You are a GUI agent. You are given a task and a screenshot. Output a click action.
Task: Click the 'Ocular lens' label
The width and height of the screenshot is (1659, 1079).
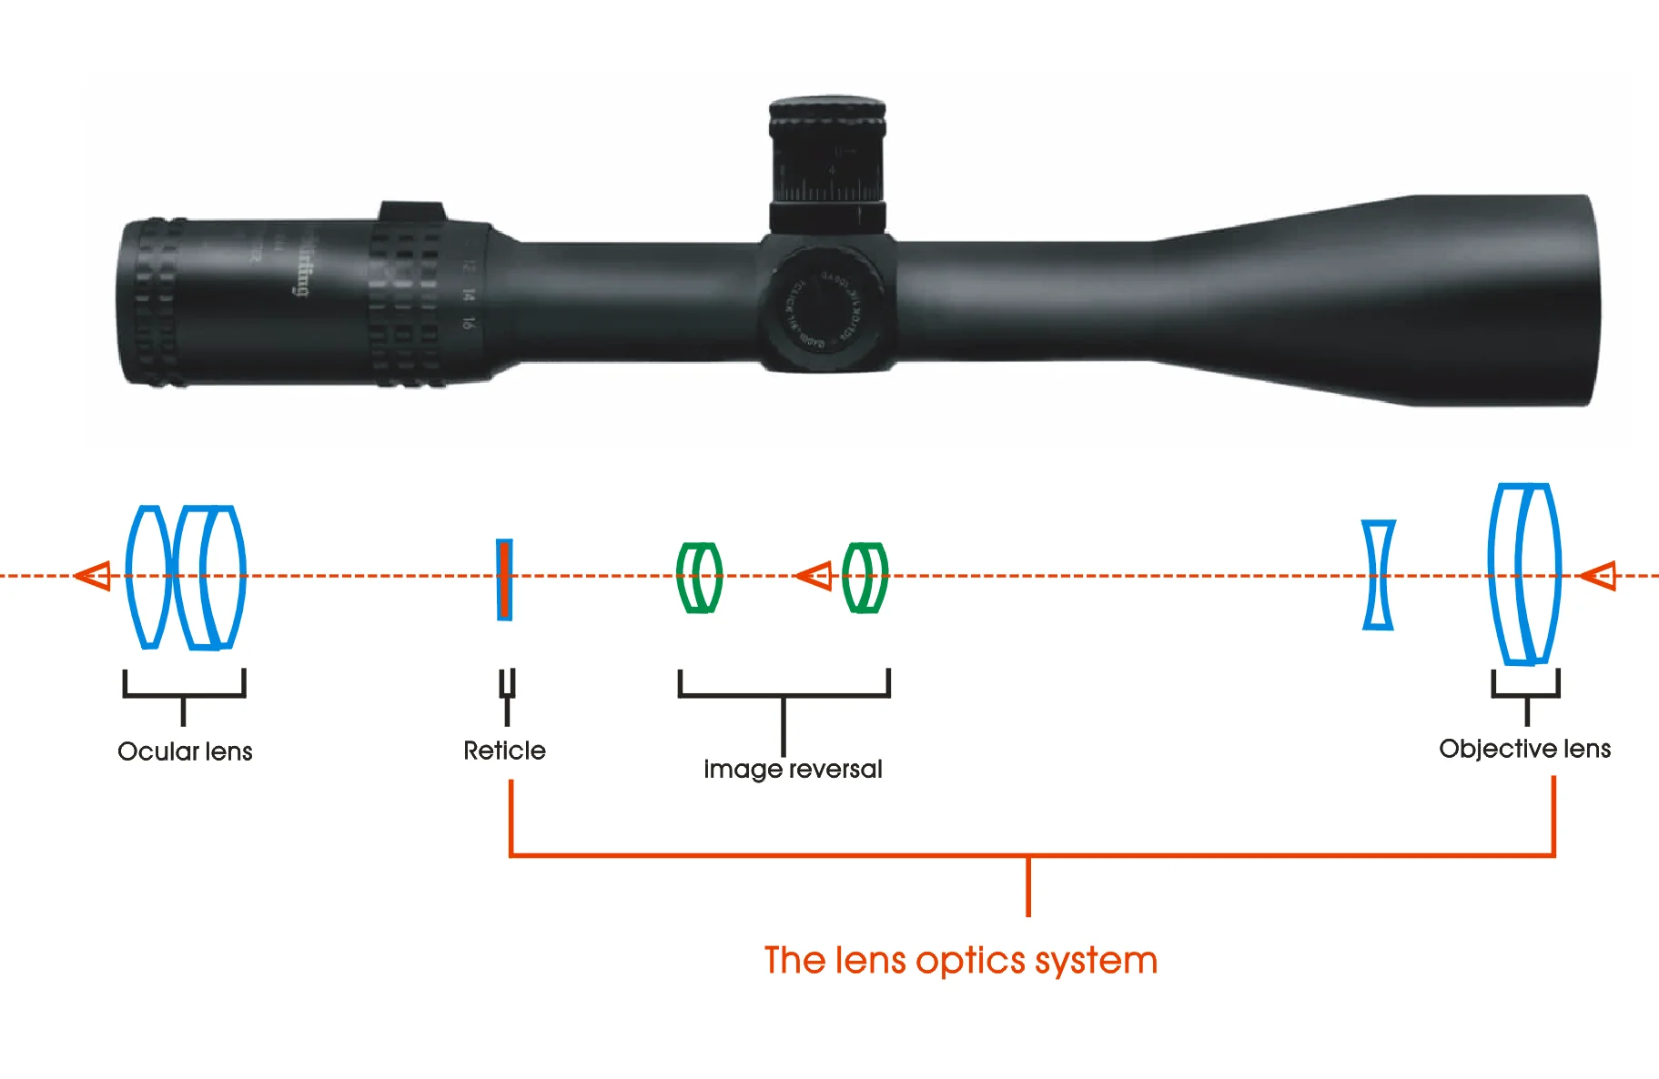click(x=185, y=751)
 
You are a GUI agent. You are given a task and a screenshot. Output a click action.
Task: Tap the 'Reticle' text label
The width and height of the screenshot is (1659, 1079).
click(x=504, y=751)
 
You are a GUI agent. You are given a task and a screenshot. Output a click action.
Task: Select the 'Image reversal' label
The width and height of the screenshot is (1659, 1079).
click(x=792, y=770)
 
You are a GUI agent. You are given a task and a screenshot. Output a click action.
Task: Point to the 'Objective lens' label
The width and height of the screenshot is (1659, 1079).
click(x=1524, y=749)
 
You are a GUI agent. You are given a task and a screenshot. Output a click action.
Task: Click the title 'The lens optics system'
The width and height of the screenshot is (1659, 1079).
click(x=960, y=961)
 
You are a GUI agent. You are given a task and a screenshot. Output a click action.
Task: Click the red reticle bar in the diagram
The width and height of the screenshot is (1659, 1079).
click(x=504, y=580)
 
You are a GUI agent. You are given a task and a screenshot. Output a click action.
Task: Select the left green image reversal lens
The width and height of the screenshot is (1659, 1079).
click(x=699, y=577)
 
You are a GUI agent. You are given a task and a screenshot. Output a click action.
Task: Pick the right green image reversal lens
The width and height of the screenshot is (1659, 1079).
click(x=865, y=577)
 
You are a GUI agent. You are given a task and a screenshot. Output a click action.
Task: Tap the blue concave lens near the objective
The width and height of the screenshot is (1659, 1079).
click(x=1379, y=575)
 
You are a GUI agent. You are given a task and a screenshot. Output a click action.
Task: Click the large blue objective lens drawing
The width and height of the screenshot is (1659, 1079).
click(x=1524, y=574)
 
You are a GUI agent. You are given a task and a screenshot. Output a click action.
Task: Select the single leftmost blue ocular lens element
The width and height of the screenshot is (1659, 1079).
click(x=147, y=577)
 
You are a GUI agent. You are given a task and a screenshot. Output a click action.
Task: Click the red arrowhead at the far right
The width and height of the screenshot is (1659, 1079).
click(x=1599, y=576)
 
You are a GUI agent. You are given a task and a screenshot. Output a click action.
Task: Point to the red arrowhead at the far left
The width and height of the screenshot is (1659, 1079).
click(x=94, y=576)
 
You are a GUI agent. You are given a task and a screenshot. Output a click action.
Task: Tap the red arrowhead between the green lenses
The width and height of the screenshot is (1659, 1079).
click(x=814, y=576)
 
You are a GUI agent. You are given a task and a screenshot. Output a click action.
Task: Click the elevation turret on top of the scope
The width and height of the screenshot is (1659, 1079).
click(x=827, y=164)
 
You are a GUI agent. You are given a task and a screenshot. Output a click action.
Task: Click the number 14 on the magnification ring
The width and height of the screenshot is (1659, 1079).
click(x=468, y=295)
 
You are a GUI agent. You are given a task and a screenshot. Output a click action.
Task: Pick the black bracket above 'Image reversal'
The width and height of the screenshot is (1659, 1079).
click(x=784, y=695)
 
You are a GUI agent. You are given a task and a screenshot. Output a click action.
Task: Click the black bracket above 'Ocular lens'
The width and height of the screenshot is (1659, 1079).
click(x=184, y=695)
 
